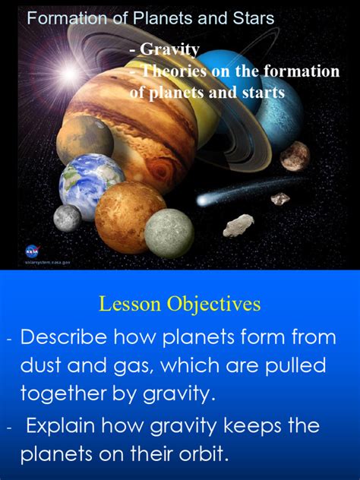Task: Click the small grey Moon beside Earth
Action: tap(67, 218)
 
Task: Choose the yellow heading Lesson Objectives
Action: tap(179, 305)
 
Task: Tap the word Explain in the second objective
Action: tap(68, 425)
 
